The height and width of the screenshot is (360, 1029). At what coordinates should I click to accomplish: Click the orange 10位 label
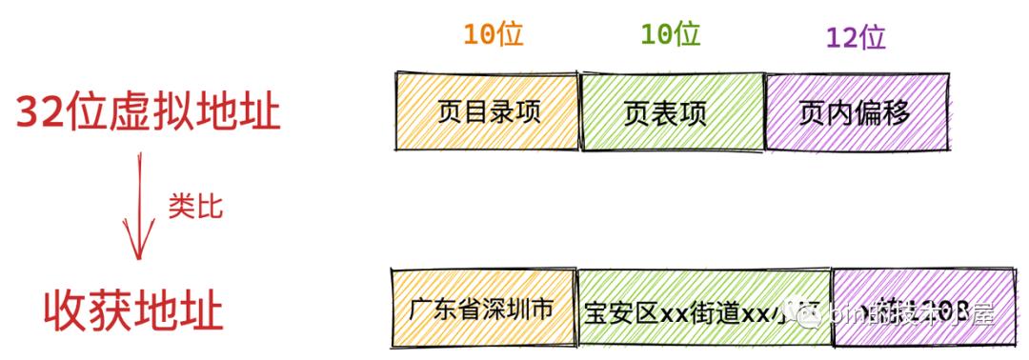[x=493, y=34]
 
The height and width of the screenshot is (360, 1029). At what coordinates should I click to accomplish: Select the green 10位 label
[x=670, y=34]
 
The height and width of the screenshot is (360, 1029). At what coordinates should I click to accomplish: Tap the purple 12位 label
[x=856, y=37]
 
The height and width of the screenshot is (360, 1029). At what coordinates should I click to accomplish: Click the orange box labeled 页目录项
[x=488, y=112]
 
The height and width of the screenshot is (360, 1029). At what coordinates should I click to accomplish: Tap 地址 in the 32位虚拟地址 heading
[x=237, y=113]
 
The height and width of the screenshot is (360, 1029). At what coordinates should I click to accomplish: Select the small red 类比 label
[x=195, y=206]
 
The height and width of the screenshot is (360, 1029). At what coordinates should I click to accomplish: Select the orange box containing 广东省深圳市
[x=483, y=310]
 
